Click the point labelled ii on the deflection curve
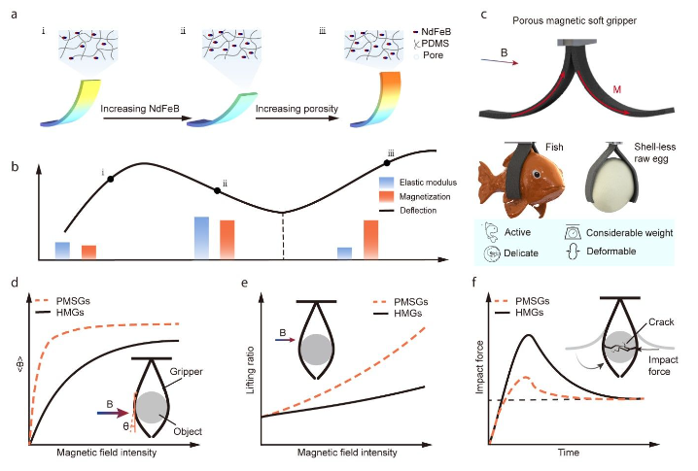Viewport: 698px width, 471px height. [x=217, y=190]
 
